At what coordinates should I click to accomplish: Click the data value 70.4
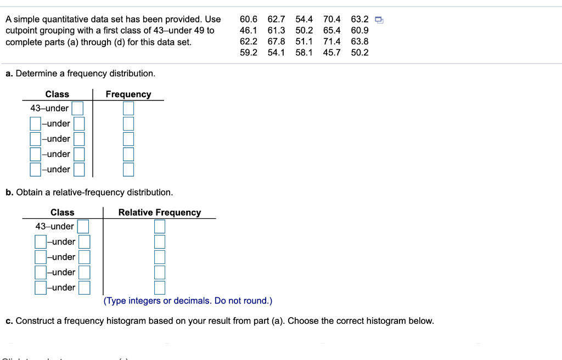331,20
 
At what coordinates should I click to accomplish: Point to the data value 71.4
331,42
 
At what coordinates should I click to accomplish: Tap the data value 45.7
331,53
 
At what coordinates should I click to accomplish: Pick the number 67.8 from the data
276,42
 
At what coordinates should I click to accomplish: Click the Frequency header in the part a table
128,94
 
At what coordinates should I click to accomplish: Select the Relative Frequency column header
160,212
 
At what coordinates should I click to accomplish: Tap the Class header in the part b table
63,212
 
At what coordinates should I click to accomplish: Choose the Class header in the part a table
57,94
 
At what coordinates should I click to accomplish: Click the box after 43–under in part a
77,108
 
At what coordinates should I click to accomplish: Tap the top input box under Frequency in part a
128,108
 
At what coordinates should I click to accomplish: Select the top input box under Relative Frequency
160,226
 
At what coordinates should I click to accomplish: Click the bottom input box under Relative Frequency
160,287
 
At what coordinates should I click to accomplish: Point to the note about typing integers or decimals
188,301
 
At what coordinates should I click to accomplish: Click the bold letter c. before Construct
9,321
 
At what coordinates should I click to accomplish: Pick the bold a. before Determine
9,74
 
